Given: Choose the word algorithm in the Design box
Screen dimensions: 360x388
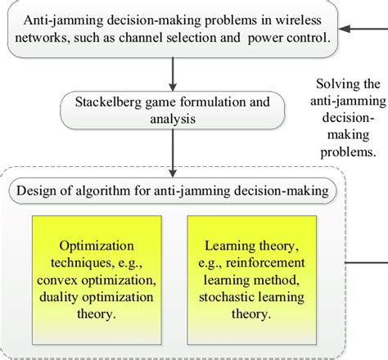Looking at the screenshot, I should (126, 192).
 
